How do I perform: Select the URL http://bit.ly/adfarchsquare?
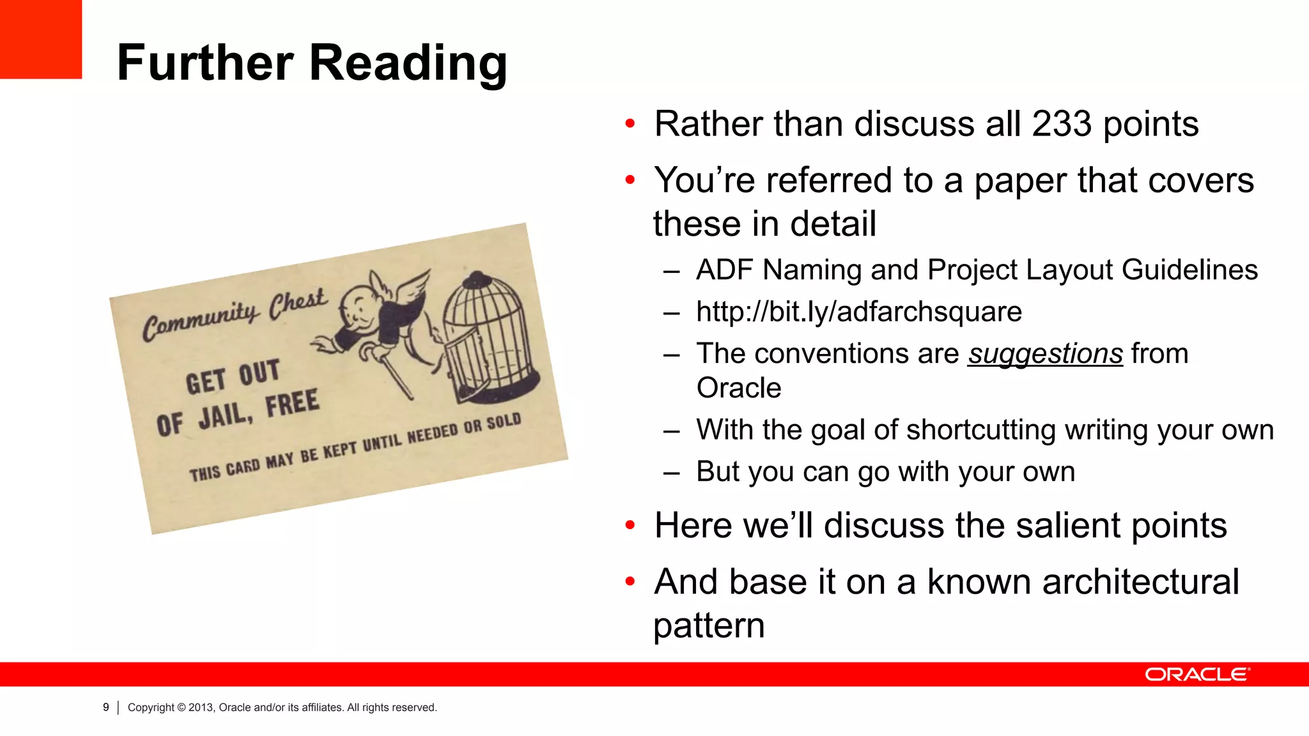pos(858,312)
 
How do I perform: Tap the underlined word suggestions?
pos(1045,354)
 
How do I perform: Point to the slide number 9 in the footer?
pos(106,707)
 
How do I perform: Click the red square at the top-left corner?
pos(40,39)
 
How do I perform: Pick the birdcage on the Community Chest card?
pos(488,339)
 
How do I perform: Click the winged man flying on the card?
pos(377,319)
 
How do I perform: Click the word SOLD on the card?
pos(504,423)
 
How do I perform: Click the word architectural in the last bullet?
pos(1083,582)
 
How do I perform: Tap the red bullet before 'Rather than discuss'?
pos(630,123)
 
